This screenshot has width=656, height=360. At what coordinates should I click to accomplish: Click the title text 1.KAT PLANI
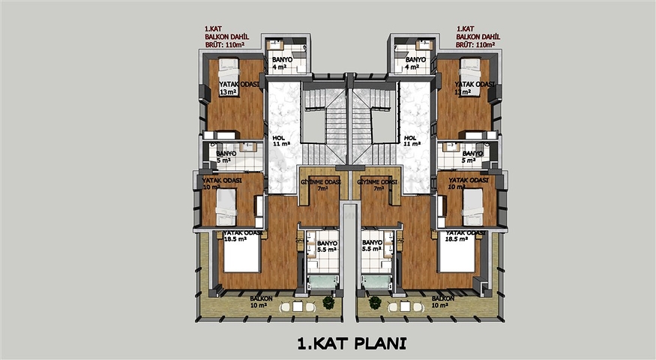pyautogui.click(x=351, y=344)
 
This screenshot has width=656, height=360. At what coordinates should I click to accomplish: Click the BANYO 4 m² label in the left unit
pyautogui.click(x=281, y=63)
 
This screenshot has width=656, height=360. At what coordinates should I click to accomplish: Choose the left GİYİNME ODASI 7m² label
pyautogui.click(x=321, y=186)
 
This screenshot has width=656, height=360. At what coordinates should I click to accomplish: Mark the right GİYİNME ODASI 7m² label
pyautogui.click(x=377, y=186)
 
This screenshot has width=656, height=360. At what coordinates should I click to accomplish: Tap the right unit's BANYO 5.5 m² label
pyautogui.click(x=372, y=247)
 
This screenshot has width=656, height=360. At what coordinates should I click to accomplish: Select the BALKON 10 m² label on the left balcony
pyautogui.click(x=261, y=301)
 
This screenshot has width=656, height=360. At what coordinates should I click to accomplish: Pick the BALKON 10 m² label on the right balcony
pyautogui.click(x=441, y=301)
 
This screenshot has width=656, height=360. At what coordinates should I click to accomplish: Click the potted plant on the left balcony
pyautogui.click(x=328, y=302)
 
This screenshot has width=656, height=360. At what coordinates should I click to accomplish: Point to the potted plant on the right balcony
pyautogui.click(x=373, y=302)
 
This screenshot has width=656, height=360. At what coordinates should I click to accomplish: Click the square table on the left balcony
pyautogui.click(x=298, y=306)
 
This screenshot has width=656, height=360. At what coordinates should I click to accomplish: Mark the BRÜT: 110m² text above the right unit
pyautogui.click(x=477, y=45)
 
